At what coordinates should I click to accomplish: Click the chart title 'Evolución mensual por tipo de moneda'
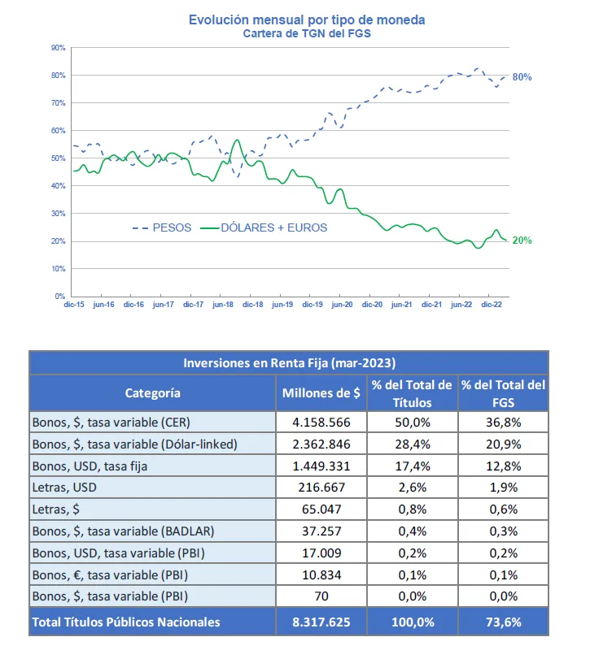point(307,19)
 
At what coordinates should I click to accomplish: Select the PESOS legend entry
point(162,227)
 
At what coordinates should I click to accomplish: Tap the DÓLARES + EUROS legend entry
point(264,227)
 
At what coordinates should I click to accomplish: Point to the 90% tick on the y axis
point(59,48)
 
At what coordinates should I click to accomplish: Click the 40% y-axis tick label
point(59,185)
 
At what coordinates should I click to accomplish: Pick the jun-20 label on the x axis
point(342,305)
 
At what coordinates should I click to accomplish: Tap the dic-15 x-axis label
point(74,305)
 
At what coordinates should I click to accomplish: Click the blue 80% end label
point(522,77)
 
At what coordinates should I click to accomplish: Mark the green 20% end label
point(522,240)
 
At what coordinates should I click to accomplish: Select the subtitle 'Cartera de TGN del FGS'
point(307,34)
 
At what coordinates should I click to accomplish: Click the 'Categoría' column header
point(152,393)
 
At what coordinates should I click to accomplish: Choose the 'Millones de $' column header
point(321,393)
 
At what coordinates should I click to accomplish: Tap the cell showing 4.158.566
point(321,422)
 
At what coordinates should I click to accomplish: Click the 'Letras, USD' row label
point(64,487)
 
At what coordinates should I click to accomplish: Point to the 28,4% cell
point(413,444)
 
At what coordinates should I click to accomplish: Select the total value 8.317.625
point(321,622)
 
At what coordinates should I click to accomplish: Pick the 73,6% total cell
point(504,622)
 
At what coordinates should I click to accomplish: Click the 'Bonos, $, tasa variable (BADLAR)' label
point(123,531)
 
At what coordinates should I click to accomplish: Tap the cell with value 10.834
point(321,575)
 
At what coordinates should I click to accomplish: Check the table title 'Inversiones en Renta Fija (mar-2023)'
point(289,363)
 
